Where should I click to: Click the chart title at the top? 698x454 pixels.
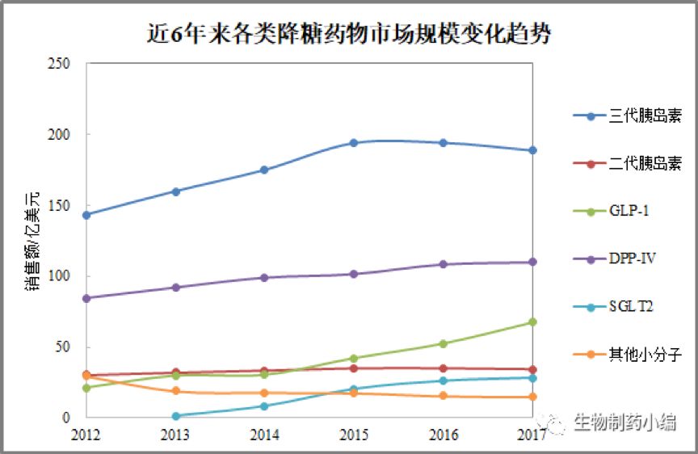click(x=349, y=33)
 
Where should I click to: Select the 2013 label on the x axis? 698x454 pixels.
click(x=175, y=435)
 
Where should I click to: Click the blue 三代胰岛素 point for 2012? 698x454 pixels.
click(x=86, y=215)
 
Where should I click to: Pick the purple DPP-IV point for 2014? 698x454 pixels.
click(x=264, y=278)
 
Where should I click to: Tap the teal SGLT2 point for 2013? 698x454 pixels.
click(x=175, y=416)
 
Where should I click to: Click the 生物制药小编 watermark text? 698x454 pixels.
click(x=624, y=422)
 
